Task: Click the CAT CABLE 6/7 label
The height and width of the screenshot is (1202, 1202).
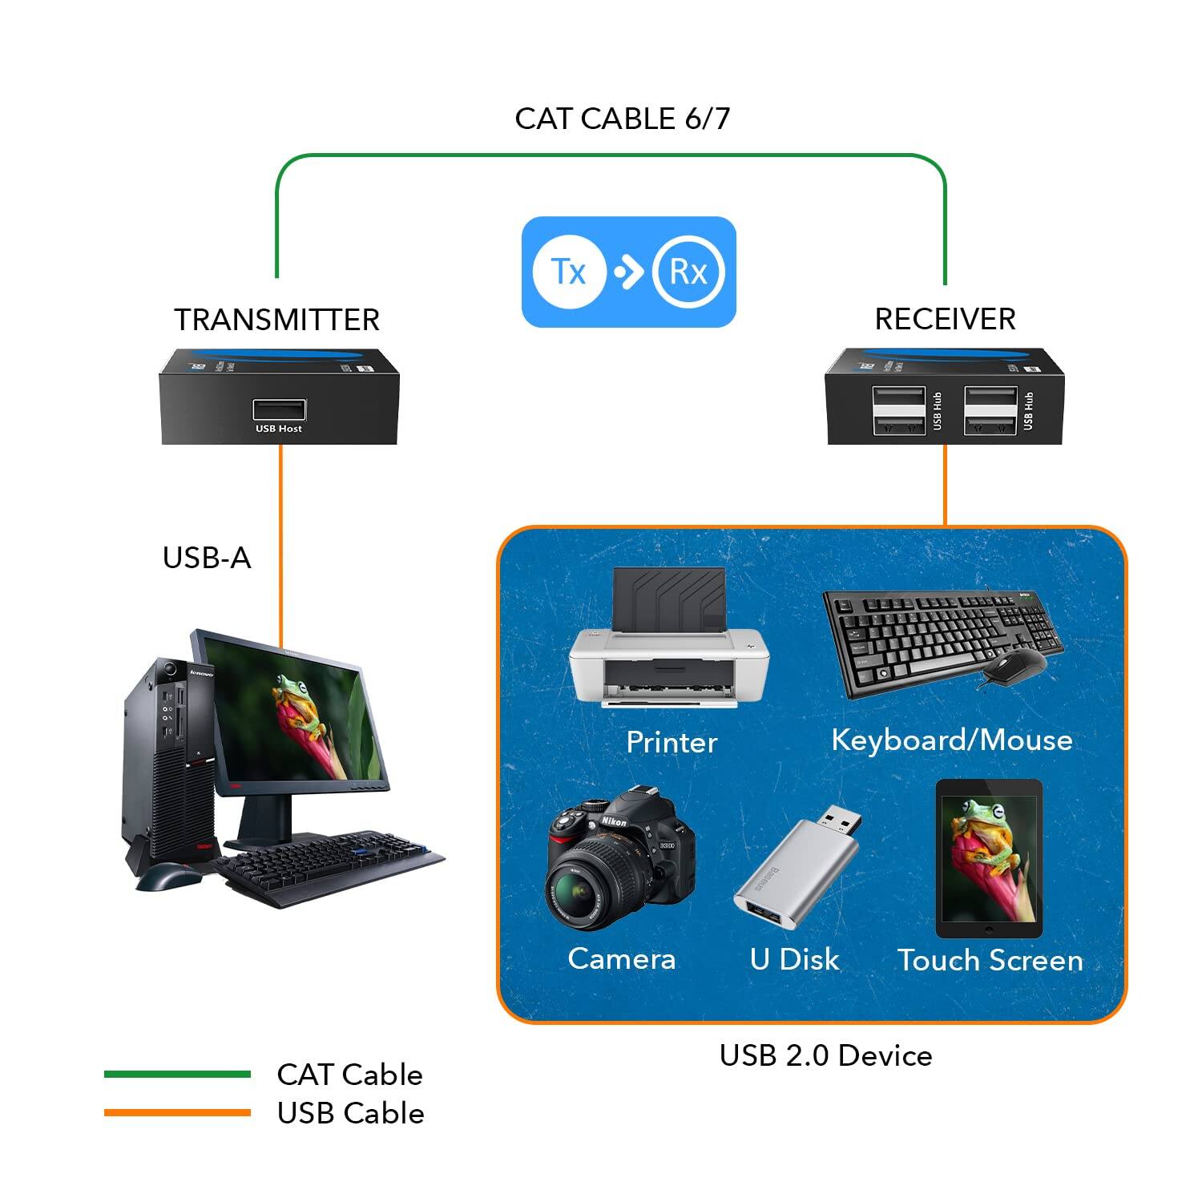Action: tap(622, 119)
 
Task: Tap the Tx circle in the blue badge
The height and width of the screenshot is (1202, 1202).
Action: tap(568, 272)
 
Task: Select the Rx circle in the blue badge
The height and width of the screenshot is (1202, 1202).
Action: tap(688, 272)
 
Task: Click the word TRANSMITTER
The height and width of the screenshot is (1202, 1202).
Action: tap(276, 320)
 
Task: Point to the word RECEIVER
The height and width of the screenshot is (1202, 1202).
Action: tap(945, 319)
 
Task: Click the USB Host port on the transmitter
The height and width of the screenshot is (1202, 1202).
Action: tap(279, 409)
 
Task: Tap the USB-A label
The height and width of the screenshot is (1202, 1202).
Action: tap(207, 558)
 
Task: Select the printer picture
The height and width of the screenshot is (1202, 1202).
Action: tap(668, 641)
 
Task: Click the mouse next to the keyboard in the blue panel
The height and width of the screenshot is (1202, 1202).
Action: tap(1014, 666)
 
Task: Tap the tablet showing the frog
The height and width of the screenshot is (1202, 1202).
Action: tap(989, 859)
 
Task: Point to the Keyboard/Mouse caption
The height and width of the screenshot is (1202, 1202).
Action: tap(951, 740)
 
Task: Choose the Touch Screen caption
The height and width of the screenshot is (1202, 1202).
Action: tap(990, 960)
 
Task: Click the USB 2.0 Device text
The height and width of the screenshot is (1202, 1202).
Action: tap(825, 1055)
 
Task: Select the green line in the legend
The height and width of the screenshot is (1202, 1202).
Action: tap(177, 1075)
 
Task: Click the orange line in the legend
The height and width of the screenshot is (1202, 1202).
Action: tap(177, 1112)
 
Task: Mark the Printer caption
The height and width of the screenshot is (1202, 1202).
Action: tap(672, 742)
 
